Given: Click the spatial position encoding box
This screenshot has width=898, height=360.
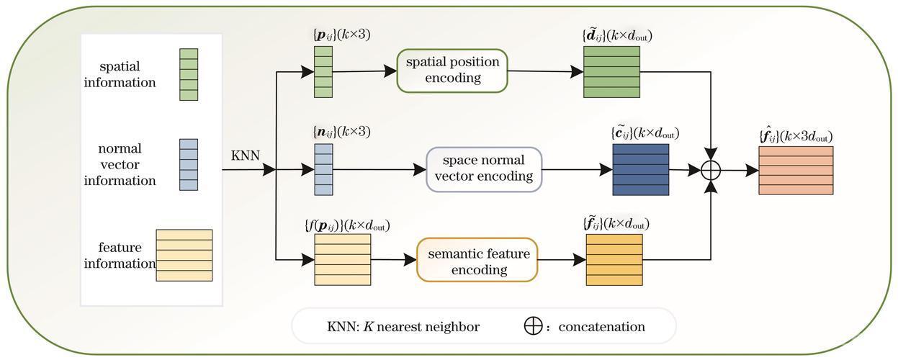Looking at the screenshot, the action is [x=452, y=71].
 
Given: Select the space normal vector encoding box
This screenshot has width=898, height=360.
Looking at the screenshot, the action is [x=484, y=169].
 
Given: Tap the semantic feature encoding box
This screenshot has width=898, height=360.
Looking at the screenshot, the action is [x=477, y=260].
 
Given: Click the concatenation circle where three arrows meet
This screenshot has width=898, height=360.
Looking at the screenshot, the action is [x=711, y=170].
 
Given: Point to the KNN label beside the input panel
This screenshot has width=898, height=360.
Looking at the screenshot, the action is [x=245, y=155].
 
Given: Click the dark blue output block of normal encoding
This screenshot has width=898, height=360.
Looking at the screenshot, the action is [x=641, y=170].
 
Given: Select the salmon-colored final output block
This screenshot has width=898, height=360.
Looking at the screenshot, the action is [x=796, y=171].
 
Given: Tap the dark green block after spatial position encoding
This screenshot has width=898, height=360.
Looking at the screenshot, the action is [x=611, y=72].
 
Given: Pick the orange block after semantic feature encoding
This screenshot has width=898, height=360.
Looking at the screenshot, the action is [x=614, y=260].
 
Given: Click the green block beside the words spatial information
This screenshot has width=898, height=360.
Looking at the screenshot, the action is [x=189, y=75].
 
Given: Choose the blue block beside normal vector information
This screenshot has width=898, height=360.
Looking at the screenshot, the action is [x=189, y=165].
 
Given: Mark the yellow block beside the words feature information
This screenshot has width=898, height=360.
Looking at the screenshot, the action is [x=184, y=256].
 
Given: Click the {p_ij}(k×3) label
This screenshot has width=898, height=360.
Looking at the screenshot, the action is [x=341, y=35].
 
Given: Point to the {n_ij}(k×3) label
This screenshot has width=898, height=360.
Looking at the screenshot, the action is [x=341, y=132].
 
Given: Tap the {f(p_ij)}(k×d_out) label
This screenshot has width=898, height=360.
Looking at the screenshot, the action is [x=347, y=225].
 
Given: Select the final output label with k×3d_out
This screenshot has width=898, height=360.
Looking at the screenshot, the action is [x=796, y=136].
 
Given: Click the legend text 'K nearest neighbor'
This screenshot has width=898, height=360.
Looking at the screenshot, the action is [x=421, y=327].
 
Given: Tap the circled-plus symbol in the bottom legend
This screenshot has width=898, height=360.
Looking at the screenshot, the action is [x=533, y=326].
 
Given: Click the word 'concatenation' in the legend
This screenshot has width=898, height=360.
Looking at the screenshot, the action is [x=602, y=327].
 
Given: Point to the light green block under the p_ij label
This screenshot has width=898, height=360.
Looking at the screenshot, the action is [x=323, y=72].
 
